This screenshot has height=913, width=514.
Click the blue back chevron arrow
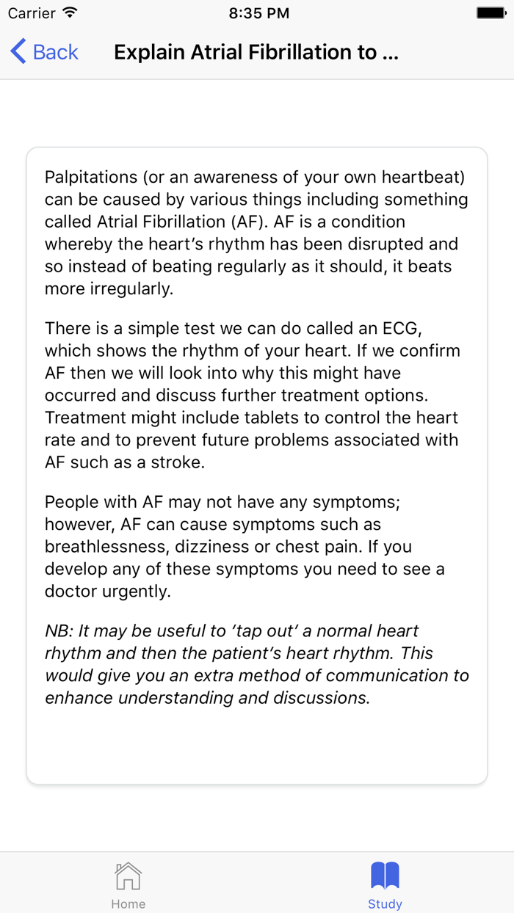click(x=18, y=52)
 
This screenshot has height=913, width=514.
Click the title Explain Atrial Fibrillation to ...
click(x=256, y=52)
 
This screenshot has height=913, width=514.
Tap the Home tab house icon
click(x=128, y=876)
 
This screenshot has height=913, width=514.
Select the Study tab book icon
click(x=385, y=876)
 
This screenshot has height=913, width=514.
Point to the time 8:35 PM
click(x=258, y=13)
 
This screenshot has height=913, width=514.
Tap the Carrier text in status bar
click(x=32, y=13)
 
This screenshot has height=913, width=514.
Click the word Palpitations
click(x=90, y=177)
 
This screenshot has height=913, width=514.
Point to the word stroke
click(x=178, y=462)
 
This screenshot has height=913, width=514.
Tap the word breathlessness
click(x=112, y=547)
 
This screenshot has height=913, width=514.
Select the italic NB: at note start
click(x=59, y=630)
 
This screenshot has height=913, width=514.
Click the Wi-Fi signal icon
click(x=70, y=13)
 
